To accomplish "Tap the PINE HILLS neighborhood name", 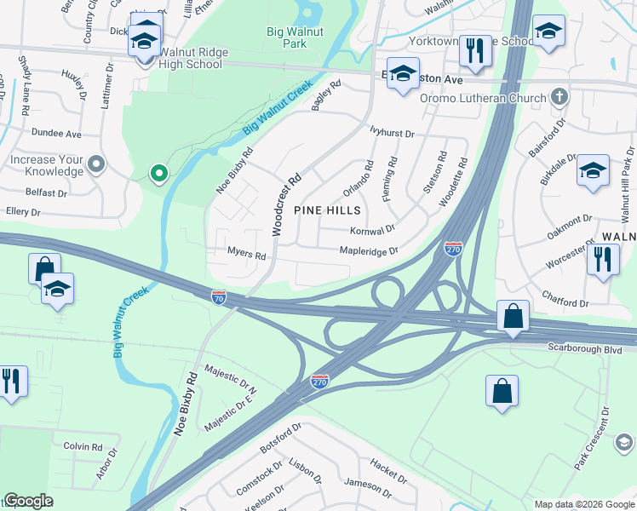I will [327, 210].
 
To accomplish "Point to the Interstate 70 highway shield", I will [220, 296].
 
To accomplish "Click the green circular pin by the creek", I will [158, 175].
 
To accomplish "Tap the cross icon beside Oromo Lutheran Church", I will [559, 97].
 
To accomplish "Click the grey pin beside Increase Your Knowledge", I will [96, 164].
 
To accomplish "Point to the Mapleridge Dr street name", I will [369, 251].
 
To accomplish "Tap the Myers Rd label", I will [247, 254].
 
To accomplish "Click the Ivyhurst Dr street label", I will [392, 134].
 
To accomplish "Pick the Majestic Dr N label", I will [231, 379].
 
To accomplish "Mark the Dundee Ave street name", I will [56, 134].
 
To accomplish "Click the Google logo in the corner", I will [28, 500].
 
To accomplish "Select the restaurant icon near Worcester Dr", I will [602, 258].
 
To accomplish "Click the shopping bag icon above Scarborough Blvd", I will [513, 316].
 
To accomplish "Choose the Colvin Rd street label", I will [83, 445].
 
